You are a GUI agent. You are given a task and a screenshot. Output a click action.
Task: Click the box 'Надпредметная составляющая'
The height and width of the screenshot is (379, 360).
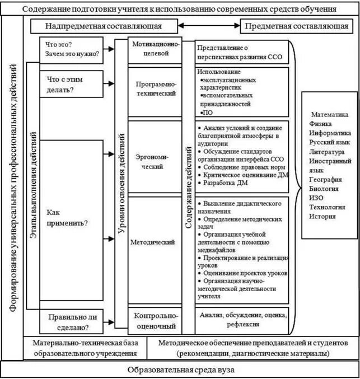click(x=104, y=26)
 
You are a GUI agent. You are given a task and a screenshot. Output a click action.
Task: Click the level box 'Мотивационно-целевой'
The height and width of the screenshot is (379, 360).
click(x=157, y=49)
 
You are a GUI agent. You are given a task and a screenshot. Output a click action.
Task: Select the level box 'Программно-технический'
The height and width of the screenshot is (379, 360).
click(x=157, y=88)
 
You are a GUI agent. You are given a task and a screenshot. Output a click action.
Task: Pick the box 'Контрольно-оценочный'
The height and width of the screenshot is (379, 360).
click(x=157, y=320)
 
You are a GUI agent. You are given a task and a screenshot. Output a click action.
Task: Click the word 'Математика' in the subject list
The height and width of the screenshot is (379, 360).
click(x=329, y=114)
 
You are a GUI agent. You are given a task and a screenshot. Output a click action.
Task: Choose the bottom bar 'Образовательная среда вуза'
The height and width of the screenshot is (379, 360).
click(x=180, y=369)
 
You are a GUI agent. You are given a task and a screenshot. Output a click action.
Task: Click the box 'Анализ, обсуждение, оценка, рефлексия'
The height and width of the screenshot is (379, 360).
click(x=242, y=320)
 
